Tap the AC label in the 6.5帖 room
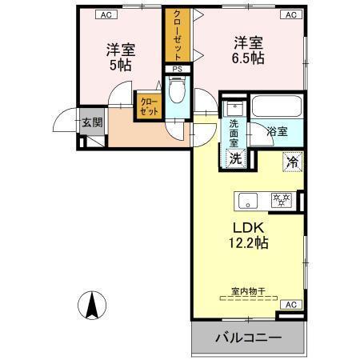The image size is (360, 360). (x=290, y=14)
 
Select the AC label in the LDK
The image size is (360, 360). (x=290, y=305)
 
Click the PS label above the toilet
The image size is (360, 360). (x=177, y=70)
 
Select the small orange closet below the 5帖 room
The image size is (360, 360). (x=149, y=106)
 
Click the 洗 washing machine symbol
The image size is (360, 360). (x=235, y=158)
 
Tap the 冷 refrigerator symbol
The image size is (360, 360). (x=292, y=161)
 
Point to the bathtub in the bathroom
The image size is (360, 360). (x=275, y=106)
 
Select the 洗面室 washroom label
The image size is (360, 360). (x=234, y=133)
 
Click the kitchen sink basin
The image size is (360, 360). (x=246, y=200)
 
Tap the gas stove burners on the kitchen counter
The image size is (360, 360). (x=280, y=200)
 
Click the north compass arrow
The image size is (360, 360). (x=93, y=305)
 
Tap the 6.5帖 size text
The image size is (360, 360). (x=249, y=58)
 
